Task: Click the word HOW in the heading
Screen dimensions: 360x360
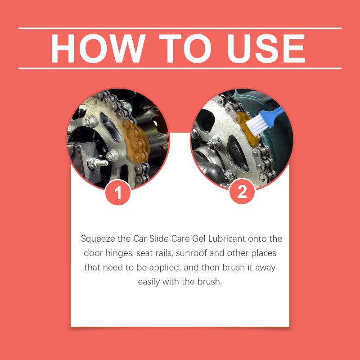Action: click(98, 49)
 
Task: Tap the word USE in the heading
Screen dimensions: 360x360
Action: click(266, 49)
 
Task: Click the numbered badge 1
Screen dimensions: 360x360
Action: click(118, 193)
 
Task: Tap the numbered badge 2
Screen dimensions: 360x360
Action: click(242, 192)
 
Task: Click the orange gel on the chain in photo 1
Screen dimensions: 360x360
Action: click(135, 140)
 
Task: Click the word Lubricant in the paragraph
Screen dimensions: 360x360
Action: click(227, 238)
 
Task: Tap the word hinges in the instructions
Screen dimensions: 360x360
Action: click(119, 253)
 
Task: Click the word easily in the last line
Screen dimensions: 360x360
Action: click(148, 282)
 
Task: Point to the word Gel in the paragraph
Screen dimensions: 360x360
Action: click(199, 238)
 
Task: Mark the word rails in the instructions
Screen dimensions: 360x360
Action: click(163, 253)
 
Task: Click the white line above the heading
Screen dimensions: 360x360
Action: click(180, 28)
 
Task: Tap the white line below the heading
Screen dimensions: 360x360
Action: click(180, 68)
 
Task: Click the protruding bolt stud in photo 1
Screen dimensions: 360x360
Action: click(98, 163)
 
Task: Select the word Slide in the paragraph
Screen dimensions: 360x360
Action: click(159, 238)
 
